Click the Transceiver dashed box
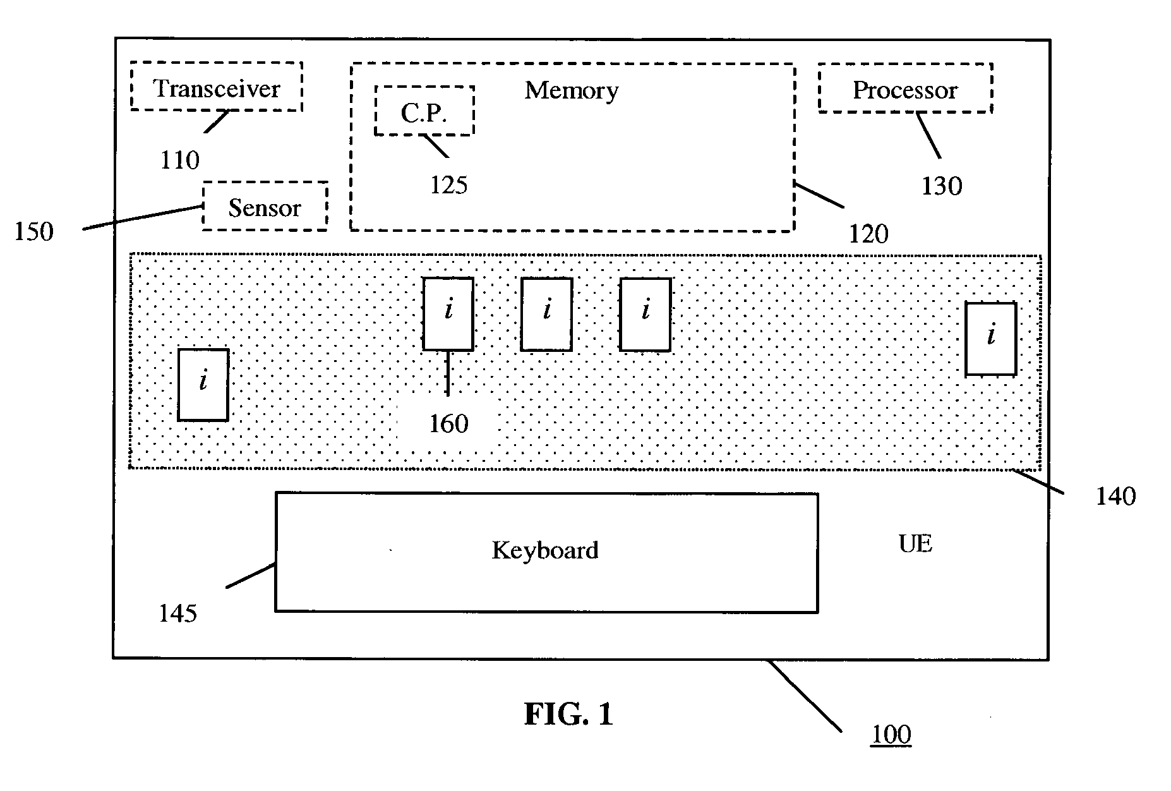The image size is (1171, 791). pyautogui.click(x=217, y=87)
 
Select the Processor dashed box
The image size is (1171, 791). pyautogui.click(x=905, y=89)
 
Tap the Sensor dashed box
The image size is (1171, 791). pyautogui.click(x=265, y=207)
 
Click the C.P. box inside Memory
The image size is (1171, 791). pyautogui.click(x=424, y=112)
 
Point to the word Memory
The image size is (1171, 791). pyautogui.click(x=571, y=90)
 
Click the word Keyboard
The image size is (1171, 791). pyautogui.click(x=545, y=550)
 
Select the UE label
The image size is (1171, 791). pyautogui.click(x=915, y=543)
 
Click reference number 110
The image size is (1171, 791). pyautogui.click(x=179, y=160)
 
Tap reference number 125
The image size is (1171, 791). pyautogui.click(x=448, y=185)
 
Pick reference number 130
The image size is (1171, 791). pyautogui.click(x=942, y=186)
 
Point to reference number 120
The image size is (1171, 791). pyautogui.click(x=868, y=234)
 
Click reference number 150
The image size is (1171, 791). pyautogui.click(x=34, y=232)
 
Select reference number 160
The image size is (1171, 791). pyautogui.click(x=448, y=424)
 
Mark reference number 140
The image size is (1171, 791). pyautogui.click(x=1115, y=497)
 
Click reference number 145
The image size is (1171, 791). pyautogui.click(x=177, y=613)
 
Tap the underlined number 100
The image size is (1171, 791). pyautogui.click(x=891, y=735)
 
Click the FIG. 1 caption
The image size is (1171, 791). pyautogui.click(x=568, y=715)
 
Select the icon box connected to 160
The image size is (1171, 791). pyautogui.click(x=448, y=313)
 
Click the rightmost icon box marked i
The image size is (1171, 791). pyautogui.click(x=990, y=339)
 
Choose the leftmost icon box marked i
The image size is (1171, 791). pyautogui.click(x=203, y=384)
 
